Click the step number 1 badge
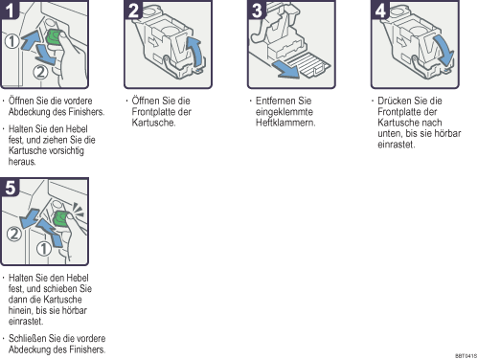click(x=10, y=10)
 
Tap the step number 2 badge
click(x=133, y=10)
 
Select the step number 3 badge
click(x=257, y=10)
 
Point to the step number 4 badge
click(x=380, y=10)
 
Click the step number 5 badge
click(x=10, y=187)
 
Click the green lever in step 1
click(x=55, y=37)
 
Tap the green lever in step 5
click(x=61, y=219)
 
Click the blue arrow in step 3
click(x=285, y=69)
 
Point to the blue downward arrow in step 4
click(x=444, y=51)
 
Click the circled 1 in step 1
click(x=11, y=41)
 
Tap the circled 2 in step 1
click(x=40, y=72)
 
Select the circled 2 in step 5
click(x=14, y=234)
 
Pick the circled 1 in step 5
click(x=44, y=249)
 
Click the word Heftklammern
click(x=285, y=123)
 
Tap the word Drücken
click(x=395, y=101)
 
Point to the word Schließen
click(x=27, y=338)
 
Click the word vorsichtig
click(x=62, y=150)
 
